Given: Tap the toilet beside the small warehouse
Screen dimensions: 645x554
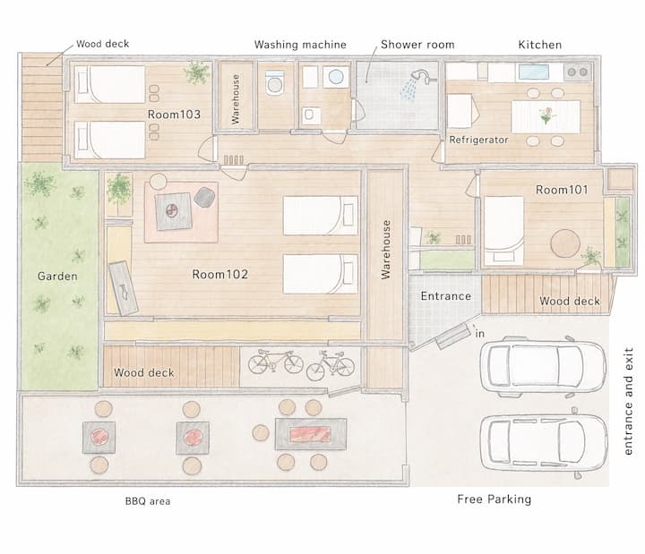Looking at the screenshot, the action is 274,82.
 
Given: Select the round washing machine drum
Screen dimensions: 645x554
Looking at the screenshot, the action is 336,76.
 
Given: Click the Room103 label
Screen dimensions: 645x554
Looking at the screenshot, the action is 174,115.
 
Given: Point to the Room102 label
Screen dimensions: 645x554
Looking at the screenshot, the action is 220,274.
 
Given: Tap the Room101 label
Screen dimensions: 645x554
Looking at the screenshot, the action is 562,190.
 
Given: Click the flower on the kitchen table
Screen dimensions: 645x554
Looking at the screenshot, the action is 547,115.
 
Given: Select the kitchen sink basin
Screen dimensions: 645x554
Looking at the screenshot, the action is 534,72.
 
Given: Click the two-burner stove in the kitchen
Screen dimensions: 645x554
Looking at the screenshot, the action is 577,72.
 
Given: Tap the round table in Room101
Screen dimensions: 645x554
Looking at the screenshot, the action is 565,243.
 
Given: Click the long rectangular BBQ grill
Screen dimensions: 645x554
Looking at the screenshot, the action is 311,434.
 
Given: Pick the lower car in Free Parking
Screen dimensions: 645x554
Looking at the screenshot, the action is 544,442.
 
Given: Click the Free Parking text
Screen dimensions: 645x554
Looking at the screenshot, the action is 494,499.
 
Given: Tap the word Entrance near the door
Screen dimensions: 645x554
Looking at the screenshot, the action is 446,296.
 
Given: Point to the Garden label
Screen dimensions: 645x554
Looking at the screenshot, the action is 57,276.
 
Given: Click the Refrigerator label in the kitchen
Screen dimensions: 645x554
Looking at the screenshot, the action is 478,140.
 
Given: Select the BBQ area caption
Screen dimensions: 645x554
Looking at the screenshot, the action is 148,501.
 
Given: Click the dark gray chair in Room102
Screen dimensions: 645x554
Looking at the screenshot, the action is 204,197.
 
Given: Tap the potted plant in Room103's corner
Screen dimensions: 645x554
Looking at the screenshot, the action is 197,72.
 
